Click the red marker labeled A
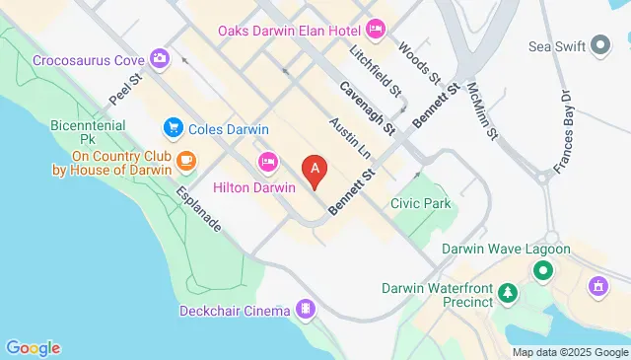[315, 172]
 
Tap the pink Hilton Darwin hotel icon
[266, 162]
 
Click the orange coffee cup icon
[186, 160]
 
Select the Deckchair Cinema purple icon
[308, 311]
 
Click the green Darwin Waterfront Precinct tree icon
[508, 291]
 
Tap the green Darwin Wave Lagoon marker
[542, 269]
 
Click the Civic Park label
[420, 204]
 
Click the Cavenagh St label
[367, 108]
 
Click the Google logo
[34, 347]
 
